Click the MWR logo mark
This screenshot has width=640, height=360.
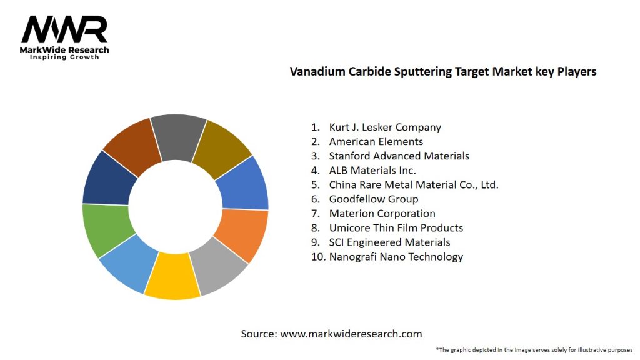tap(64, 30)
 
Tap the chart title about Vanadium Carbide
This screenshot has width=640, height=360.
tap(442, 71)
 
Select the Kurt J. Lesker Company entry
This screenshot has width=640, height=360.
tap(385, 127)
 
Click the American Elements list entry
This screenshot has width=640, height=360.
tap(376, 141)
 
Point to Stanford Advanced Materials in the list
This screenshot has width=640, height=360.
tap(399, 156)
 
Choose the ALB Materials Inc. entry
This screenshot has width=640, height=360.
tap(372, 170)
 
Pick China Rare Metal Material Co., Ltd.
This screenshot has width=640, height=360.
tap(413, 184)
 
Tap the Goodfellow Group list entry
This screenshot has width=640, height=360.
tap(374, 199)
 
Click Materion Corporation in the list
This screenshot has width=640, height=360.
tap(382, 213)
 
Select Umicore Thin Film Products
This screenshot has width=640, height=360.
tap(396, 227)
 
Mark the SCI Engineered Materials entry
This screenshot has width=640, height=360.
tap(389, 242)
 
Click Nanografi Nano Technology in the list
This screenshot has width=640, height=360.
tap(396, 256)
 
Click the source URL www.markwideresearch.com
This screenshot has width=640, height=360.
tap(351, 334)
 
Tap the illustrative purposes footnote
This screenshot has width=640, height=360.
tap(534, 349)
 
